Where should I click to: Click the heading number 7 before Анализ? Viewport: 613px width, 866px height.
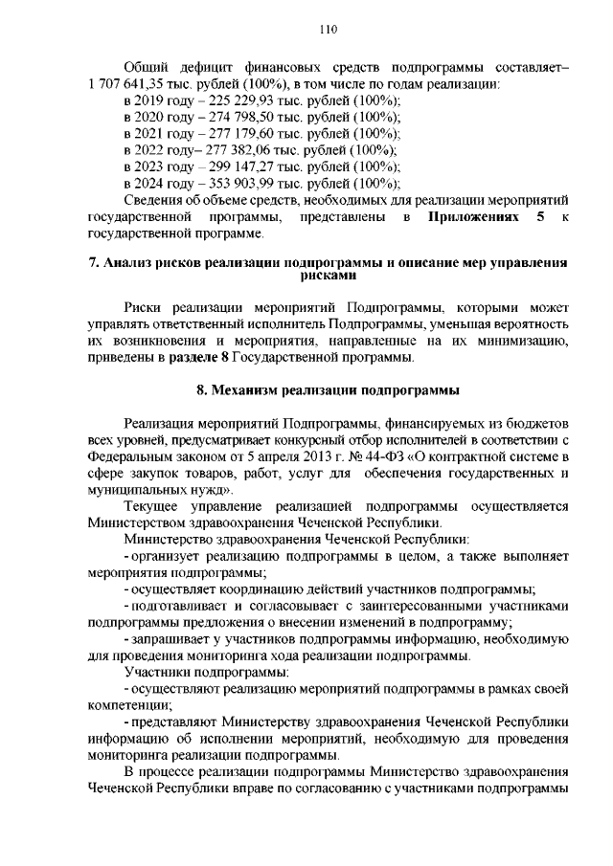tap(92, 260)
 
